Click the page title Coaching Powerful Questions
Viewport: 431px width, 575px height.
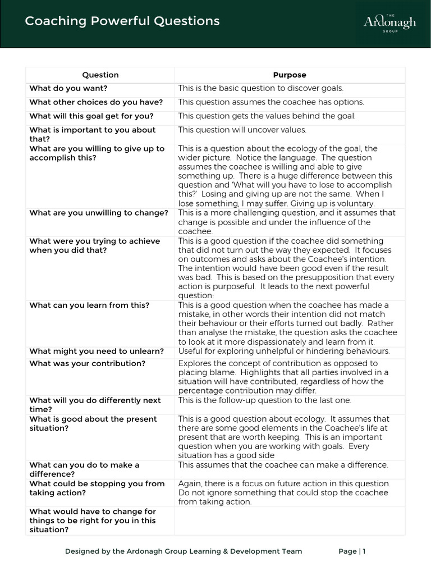coord(122,21)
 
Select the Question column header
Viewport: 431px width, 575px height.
coord(100,75)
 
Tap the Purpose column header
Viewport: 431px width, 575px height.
coord(290,75)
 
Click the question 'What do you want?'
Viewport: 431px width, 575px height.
coord(68,88)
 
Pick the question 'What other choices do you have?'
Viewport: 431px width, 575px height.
coord(96,102)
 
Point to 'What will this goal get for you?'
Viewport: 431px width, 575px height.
coord(91,116)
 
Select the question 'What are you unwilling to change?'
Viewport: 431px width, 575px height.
coord(99,213)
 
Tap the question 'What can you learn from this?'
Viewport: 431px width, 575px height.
coord(89,305)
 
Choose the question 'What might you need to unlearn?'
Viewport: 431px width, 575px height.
coord(97,351)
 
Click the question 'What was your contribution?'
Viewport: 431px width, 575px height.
coord(88,363)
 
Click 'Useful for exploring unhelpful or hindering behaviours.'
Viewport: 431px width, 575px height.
coord(284,351)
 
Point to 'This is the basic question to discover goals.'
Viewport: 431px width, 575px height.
coord(260,88)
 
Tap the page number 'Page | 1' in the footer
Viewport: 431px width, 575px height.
coord(352,551)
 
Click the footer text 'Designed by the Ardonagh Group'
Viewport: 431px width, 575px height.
coord(184,551)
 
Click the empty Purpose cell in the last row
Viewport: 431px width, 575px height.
coord(290,521)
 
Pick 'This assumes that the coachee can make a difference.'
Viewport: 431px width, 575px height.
coord(283,465)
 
